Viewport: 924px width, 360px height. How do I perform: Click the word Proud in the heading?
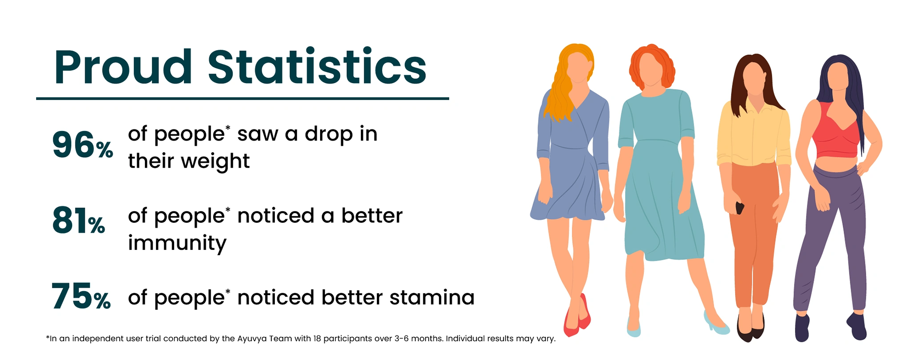click(123, 67)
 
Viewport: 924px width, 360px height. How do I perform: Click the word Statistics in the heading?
click(317, 66)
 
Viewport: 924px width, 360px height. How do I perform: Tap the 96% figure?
click(82, 145)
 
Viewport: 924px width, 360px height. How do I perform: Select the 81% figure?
click(78, 221)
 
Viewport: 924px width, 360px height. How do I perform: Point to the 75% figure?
click(81, 296)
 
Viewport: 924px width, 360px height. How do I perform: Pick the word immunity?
click(177, 244)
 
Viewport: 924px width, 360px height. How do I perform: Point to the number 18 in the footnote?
click(317, 338)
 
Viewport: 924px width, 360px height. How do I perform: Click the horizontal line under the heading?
click(243, 98)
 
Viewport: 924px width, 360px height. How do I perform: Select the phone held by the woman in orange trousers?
click(740, 208)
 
